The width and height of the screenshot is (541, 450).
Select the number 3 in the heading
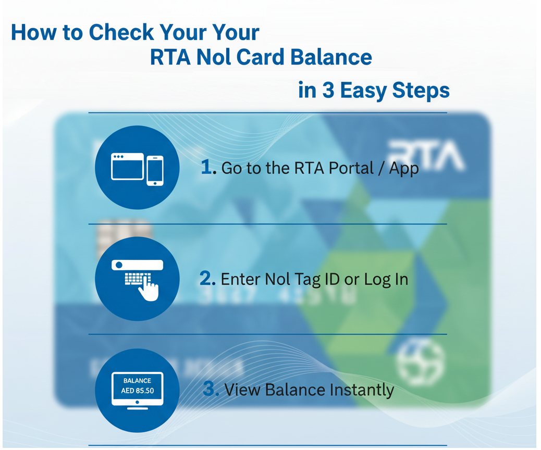tap(328, 90)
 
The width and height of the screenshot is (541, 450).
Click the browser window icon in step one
tap(127, 166)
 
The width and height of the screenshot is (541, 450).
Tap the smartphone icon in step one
tap(155, 170)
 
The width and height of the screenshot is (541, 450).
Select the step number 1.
tap(207, 168)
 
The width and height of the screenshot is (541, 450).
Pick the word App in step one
tap(404, 169)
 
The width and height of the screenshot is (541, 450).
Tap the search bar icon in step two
tap(137, 265)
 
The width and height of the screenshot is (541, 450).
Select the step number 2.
tap(207, 279)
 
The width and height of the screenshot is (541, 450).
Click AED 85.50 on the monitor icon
tap(138, 390)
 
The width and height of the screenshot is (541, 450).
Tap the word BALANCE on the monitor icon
tap(138, 381)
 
